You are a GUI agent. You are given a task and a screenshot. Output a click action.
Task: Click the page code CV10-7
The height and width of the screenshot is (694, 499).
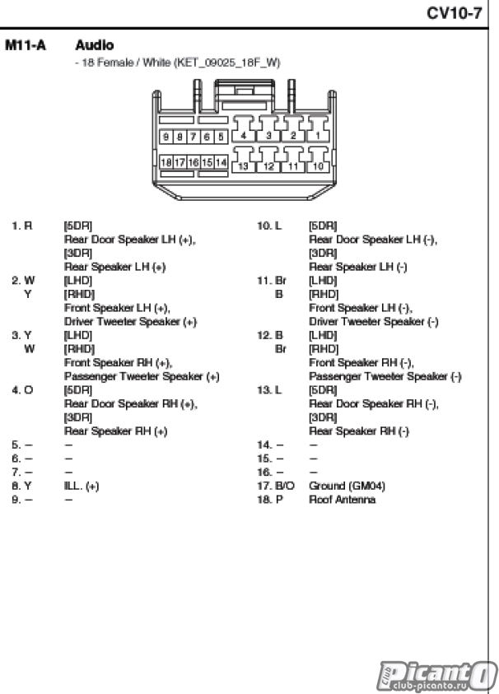(454, 13)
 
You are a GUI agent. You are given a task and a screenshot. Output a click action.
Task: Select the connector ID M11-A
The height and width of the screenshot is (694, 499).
(26, 45)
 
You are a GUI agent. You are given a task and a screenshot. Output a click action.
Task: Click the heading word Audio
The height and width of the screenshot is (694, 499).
(95, 45)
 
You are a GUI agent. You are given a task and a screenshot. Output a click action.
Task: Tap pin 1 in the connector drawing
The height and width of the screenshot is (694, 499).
(318, 136)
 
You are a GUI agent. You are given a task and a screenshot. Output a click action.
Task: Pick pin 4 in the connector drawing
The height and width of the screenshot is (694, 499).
(243, 136)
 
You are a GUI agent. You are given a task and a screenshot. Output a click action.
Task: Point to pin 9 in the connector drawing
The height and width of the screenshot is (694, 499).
(166, 137)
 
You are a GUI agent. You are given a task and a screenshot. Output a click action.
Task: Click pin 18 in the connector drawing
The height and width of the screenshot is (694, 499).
(166, 162)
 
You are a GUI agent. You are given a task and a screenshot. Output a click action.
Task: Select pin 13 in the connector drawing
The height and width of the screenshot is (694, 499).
(243, 166)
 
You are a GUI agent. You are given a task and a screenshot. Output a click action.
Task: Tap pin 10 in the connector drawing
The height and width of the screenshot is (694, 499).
(318, 166)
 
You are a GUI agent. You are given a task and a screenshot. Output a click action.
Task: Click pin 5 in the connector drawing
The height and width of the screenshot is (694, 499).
(221, 137)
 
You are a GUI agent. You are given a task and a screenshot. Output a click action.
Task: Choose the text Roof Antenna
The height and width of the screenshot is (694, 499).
(343, 499)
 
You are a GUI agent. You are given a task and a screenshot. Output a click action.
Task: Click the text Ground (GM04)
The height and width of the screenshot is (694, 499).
(347, 486)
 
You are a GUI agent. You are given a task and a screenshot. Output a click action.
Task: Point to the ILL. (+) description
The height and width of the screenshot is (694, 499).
(82, 486)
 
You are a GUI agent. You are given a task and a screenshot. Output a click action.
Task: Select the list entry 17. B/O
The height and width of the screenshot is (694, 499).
(275, 486)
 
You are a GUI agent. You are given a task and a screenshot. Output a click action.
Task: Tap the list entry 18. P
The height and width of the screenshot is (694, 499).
(269, 499)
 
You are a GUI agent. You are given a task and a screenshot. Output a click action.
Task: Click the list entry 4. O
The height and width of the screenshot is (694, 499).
(22, 390)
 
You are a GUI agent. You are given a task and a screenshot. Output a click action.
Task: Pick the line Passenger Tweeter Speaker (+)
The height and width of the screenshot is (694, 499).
(142, 376)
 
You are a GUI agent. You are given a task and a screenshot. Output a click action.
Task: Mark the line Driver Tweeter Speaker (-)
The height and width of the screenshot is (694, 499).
(374, 321)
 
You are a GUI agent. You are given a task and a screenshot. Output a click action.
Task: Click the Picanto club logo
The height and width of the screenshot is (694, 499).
(436, 677)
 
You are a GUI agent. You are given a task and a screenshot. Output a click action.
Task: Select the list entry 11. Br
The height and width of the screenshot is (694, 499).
(272, 280)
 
